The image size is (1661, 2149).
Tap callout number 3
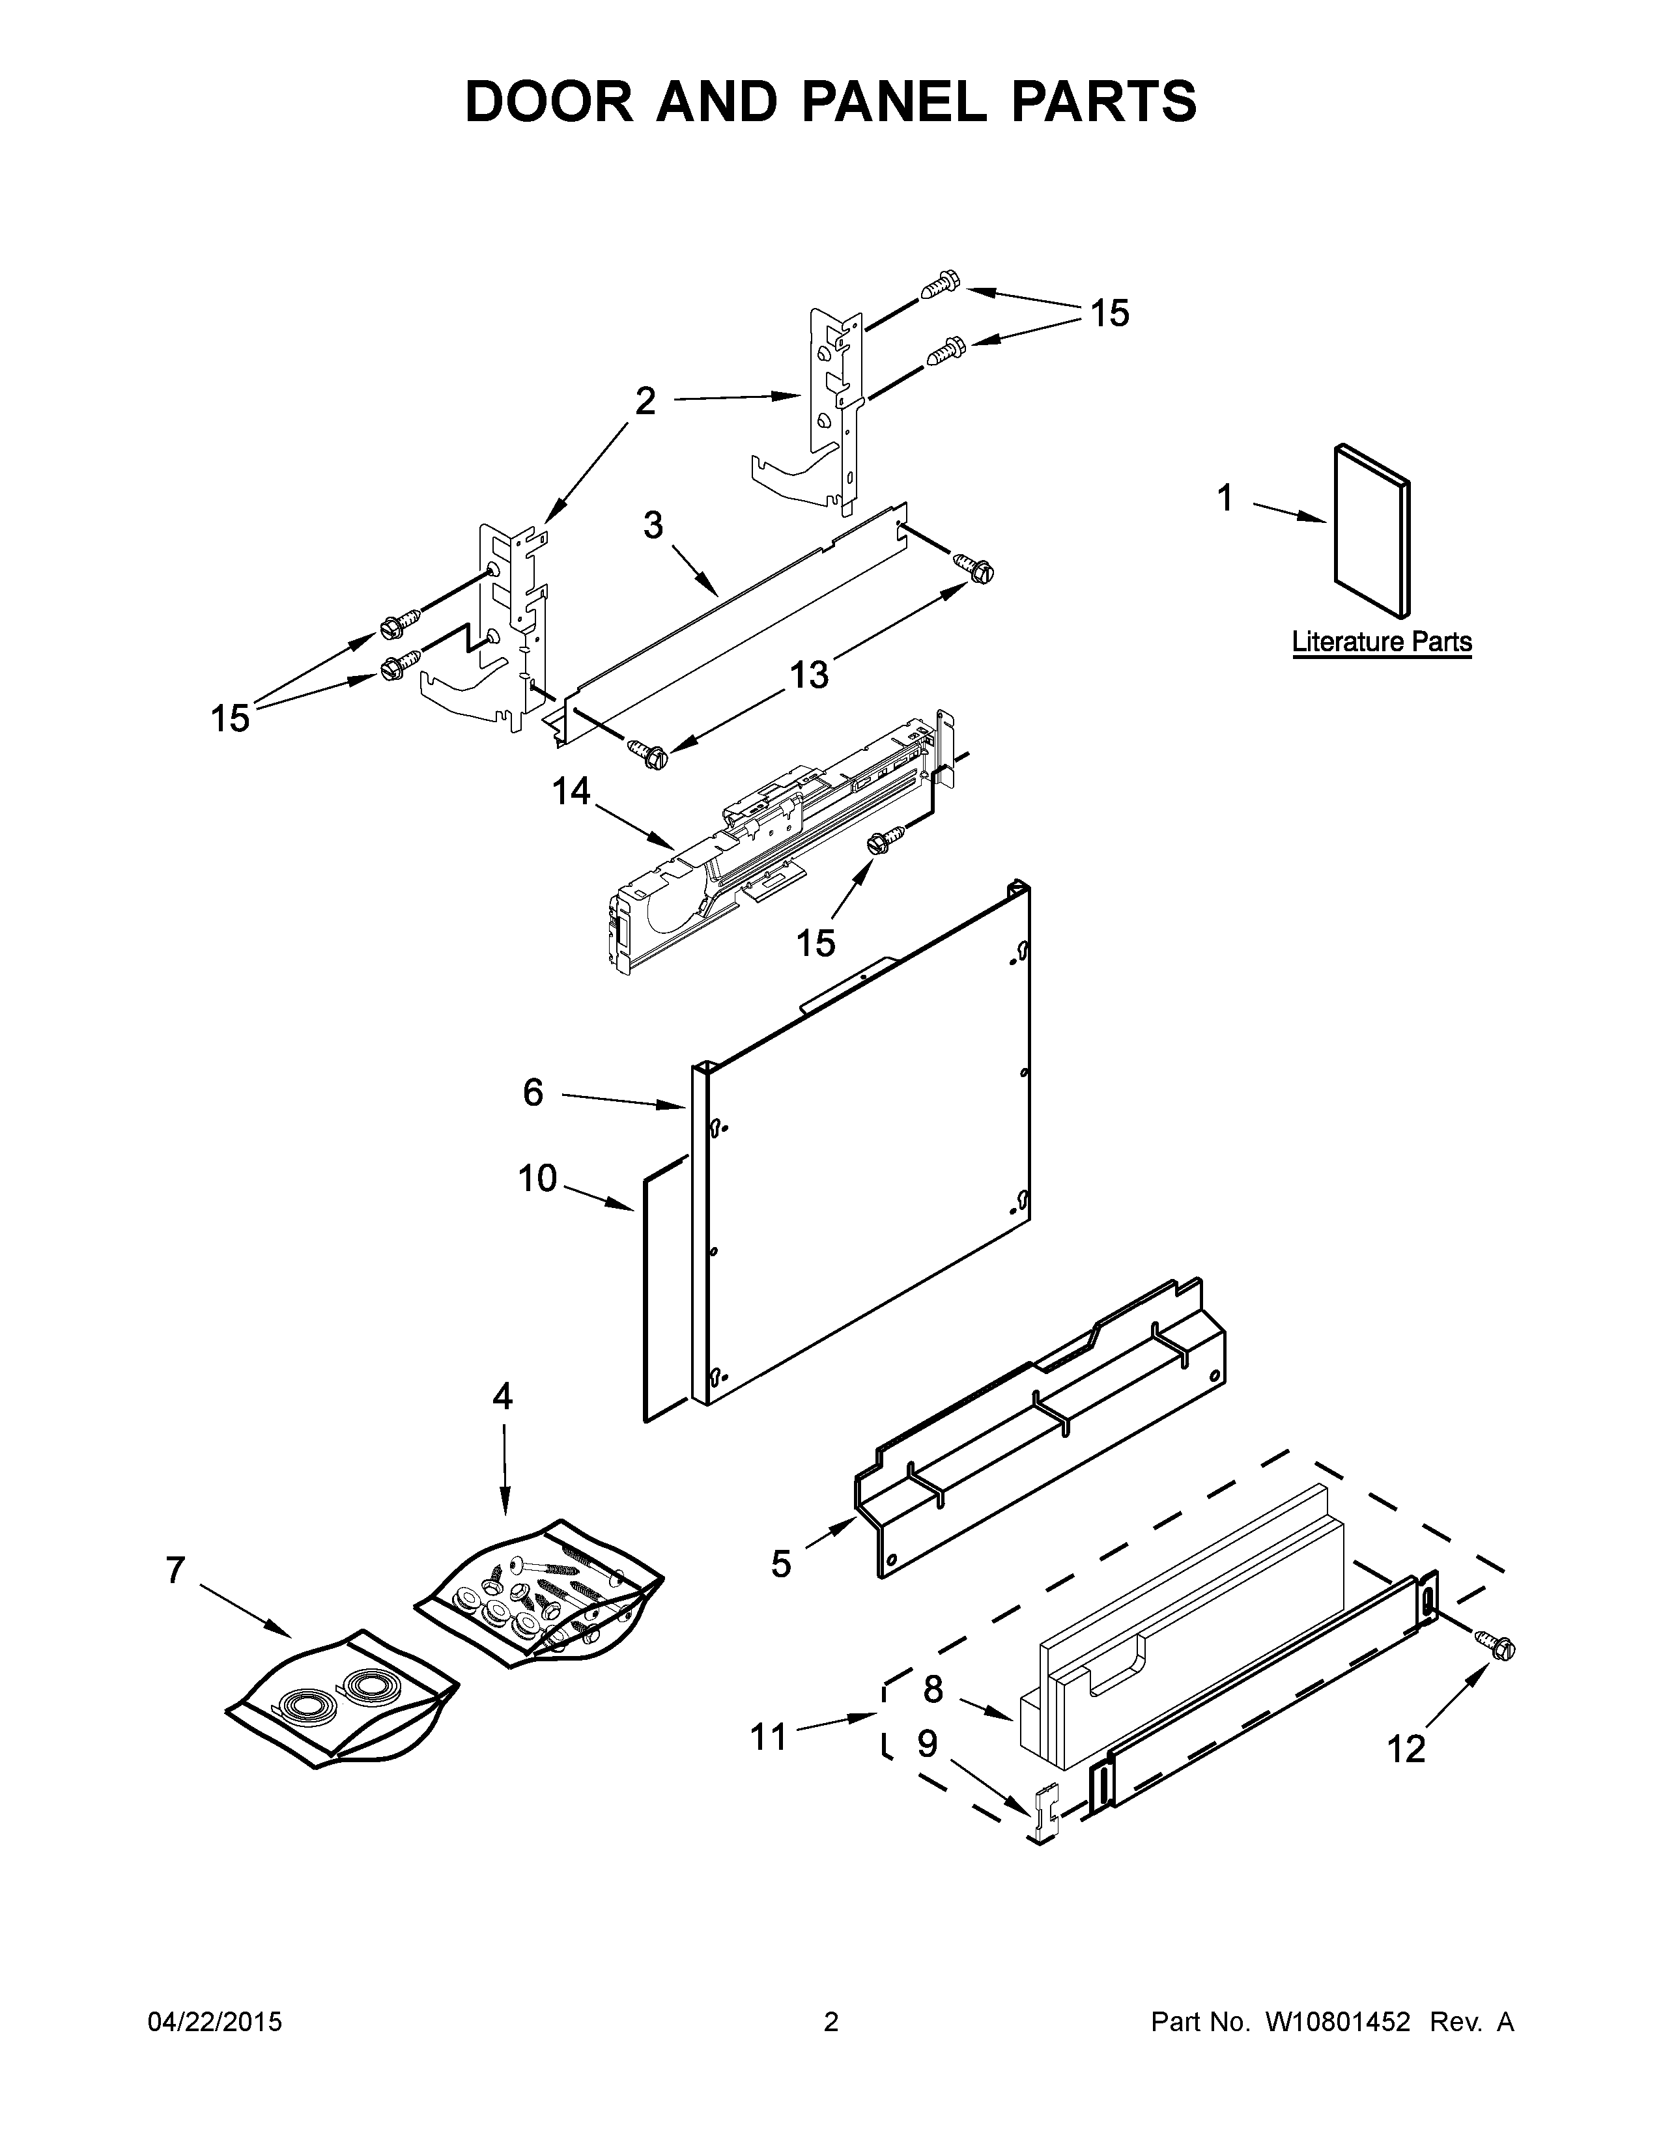653,526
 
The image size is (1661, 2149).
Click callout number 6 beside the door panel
532,1092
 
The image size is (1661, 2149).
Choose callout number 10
537,1178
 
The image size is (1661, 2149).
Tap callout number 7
175,1571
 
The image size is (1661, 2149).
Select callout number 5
780,1564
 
